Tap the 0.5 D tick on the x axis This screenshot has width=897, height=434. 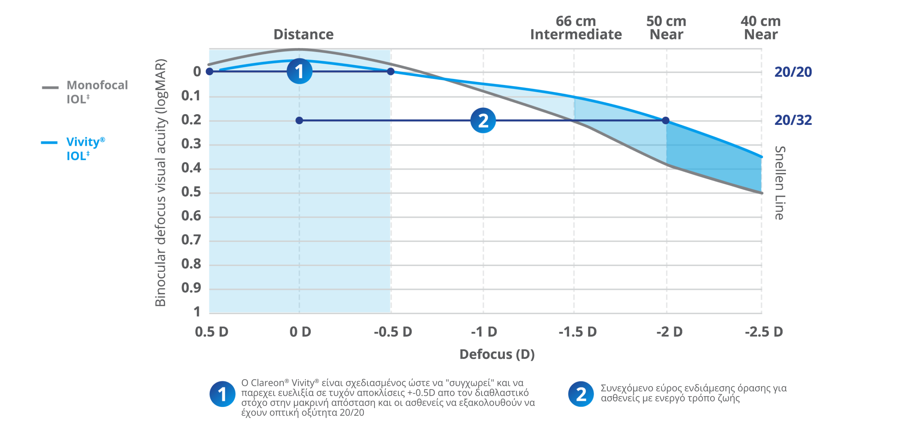click(x=211, y=332)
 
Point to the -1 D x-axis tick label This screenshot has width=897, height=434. click(x=484, y=332)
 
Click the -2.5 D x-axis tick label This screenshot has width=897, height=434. click(x=764, y=332)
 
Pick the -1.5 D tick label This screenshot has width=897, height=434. click(x=578, y=332)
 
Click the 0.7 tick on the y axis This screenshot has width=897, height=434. click(x=191, y=240)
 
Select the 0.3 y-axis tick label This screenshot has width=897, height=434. click(x=191, y=144)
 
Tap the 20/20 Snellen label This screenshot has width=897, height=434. click(x=793, y=72)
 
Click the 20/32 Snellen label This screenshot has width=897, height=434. click(x=793, y=120)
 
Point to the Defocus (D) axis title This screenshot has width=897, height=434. click(x=497, y=355)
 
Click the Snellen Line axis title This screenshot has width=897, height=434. click(x=780, y=183)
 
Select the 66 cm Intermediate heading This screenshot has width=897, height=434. click(x=576, y=28)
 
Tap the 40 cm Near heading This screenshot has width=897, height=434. click(x=761, y=28)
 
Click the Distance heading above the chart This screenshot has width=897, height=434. click(x=304, y=34)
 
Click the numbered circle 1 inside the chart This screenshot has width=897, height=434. click(x=299, y=71)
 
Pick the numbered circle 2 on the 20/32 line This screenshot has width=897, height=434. click(x=483, y=121)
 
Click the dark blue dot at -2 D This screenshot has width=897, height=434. click(x=666, y=121)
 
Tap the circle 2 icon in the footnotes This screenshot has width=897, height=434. click(x=581, y=394)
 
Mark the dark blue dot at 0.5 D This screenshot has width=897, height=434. click(x=209, y=71)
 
